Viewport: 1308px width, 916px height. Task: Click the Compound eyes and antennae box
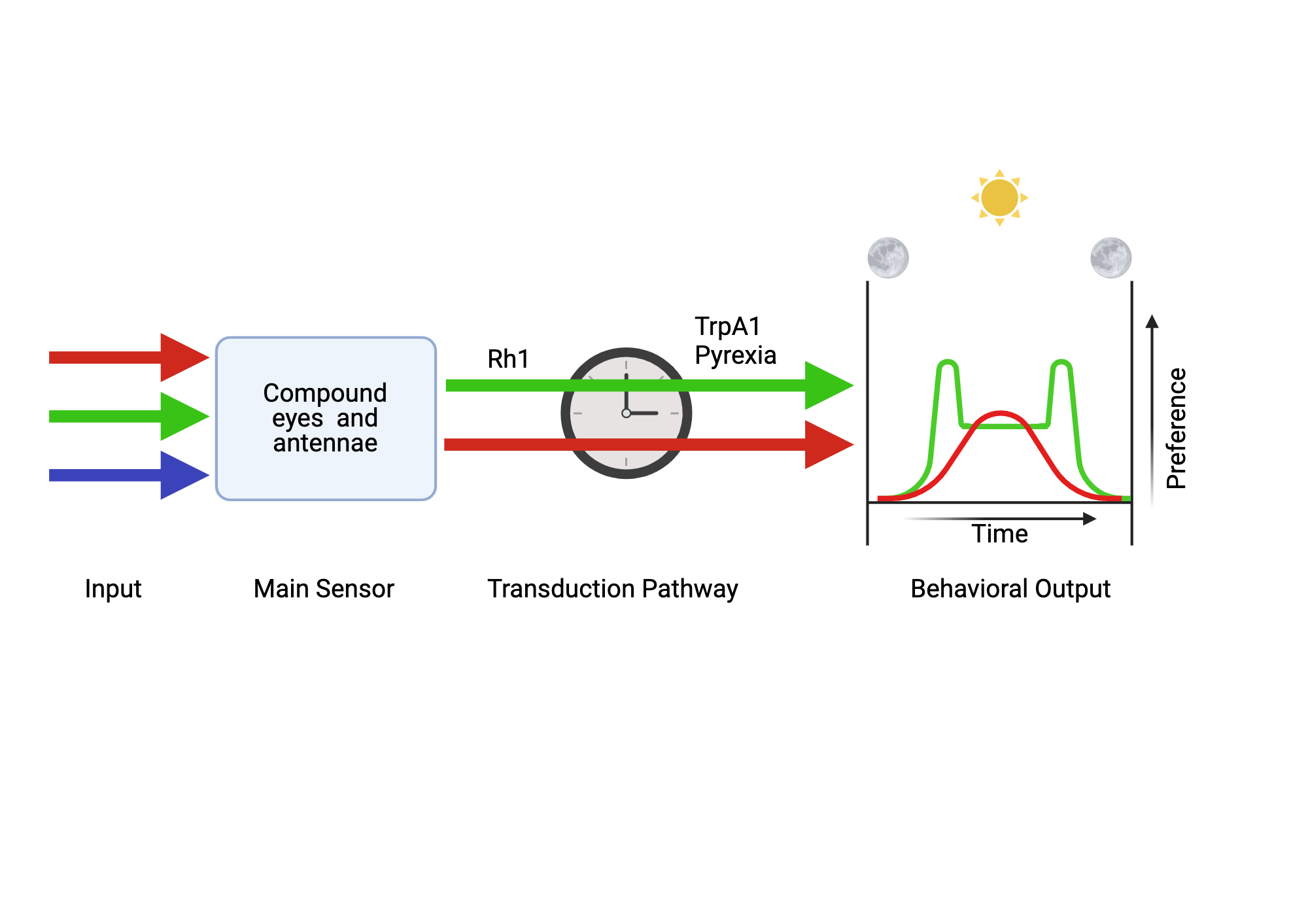326,419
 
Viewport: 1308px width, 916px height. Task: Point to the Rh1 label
508,359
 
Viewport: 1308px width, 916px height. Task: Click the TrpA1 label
727,326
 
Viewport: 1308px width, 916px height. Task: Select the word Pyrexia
735,355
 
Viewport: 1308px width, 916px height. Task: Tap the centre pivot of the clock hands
626,413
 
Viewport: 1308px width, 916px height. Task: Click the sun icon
999,198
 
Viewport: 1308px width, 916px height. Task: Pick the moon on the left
887,258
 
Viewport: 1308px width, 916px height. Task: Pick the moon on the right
1110,258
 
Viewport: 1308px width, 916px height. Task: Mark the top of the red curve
1001,413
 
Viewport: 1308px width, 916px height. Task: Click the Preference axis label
1176,428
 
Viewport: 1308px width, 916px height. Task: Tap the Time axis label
999,534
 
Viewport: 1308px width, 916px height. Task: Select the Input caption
113,589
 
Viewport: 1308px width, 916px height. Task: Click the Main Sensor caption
324,589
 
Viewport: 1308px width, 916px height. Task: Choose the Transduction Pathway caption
613,589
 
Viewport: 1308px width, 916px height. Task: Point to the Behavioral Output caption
1010,589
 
